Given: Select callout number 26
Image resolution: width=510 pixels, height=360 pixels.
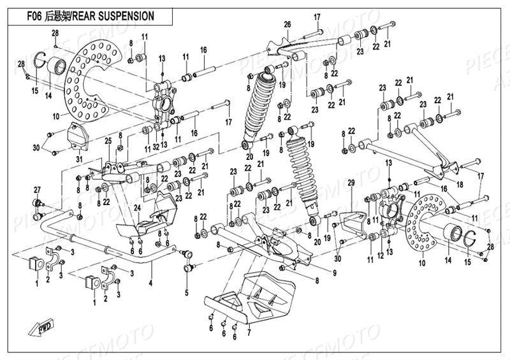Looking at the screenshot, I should pos(288,24).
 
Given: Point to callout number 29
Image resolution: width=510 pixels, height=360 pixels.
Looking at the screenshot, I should pos(349,184).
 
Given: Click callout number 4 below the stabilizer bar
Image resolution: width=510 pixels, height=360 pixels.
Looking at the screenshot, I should pos(150,282).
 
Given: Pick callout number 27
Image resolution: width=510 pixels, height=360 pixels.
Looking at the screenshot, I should pos(36,189).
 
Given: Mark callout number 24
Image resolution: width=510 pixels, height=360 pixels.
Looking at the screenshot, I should pos(136,207).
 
